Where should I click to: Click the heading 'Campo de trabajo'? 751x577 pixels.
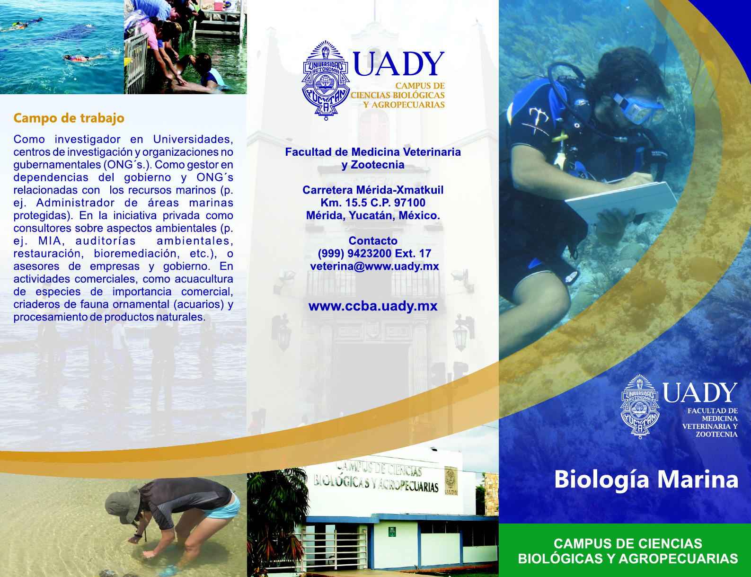click(x=69, y=118)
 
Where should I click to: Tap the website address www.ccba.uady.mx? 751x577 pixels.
click(x=373, y=306)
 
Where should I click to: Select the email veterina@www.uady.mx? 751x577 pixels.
click(x=374, y=266)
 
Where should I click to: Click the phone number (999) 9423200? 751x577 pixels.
click(x=354, y=253)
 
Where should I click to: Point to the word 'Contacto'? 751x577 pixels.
click(x=373, y=240)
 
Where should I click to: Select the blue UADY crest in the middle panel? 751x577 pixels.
click(x=326, y=80)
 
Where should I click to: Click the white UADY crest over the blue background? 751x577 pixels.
click(x=640, y=406)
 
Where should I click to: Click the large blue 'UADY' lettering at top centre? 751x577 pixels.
click(x=398, y=64)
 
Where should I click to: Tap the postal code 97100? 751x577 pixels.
click(x=409, y=203)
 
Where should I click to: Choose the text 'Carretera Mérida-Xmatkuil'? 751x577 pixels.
click(x=373, y=190)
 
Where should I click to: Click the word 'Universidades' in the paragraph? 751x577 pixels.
click(x=193, y=139)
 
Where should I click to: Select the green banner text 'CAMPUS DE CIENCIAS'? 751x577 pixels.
click(x=627, y=544)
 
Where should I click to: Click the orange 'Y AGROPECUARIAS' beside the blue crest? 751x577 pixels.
click(x=404, y=105)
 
